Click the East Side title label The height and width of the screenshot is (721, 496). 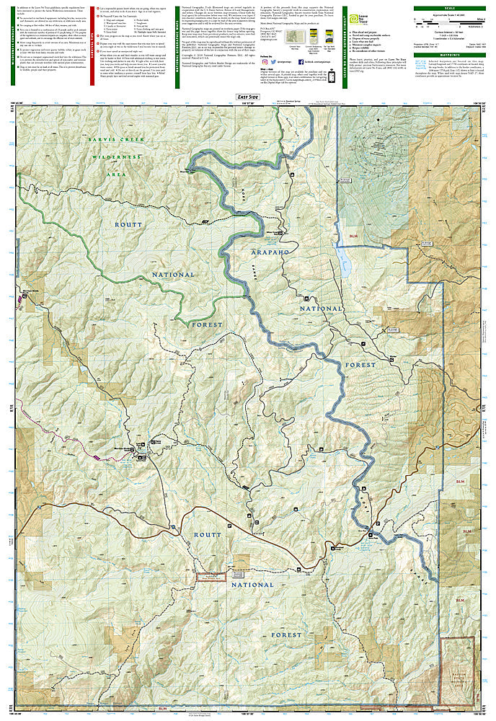[248, 96]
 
